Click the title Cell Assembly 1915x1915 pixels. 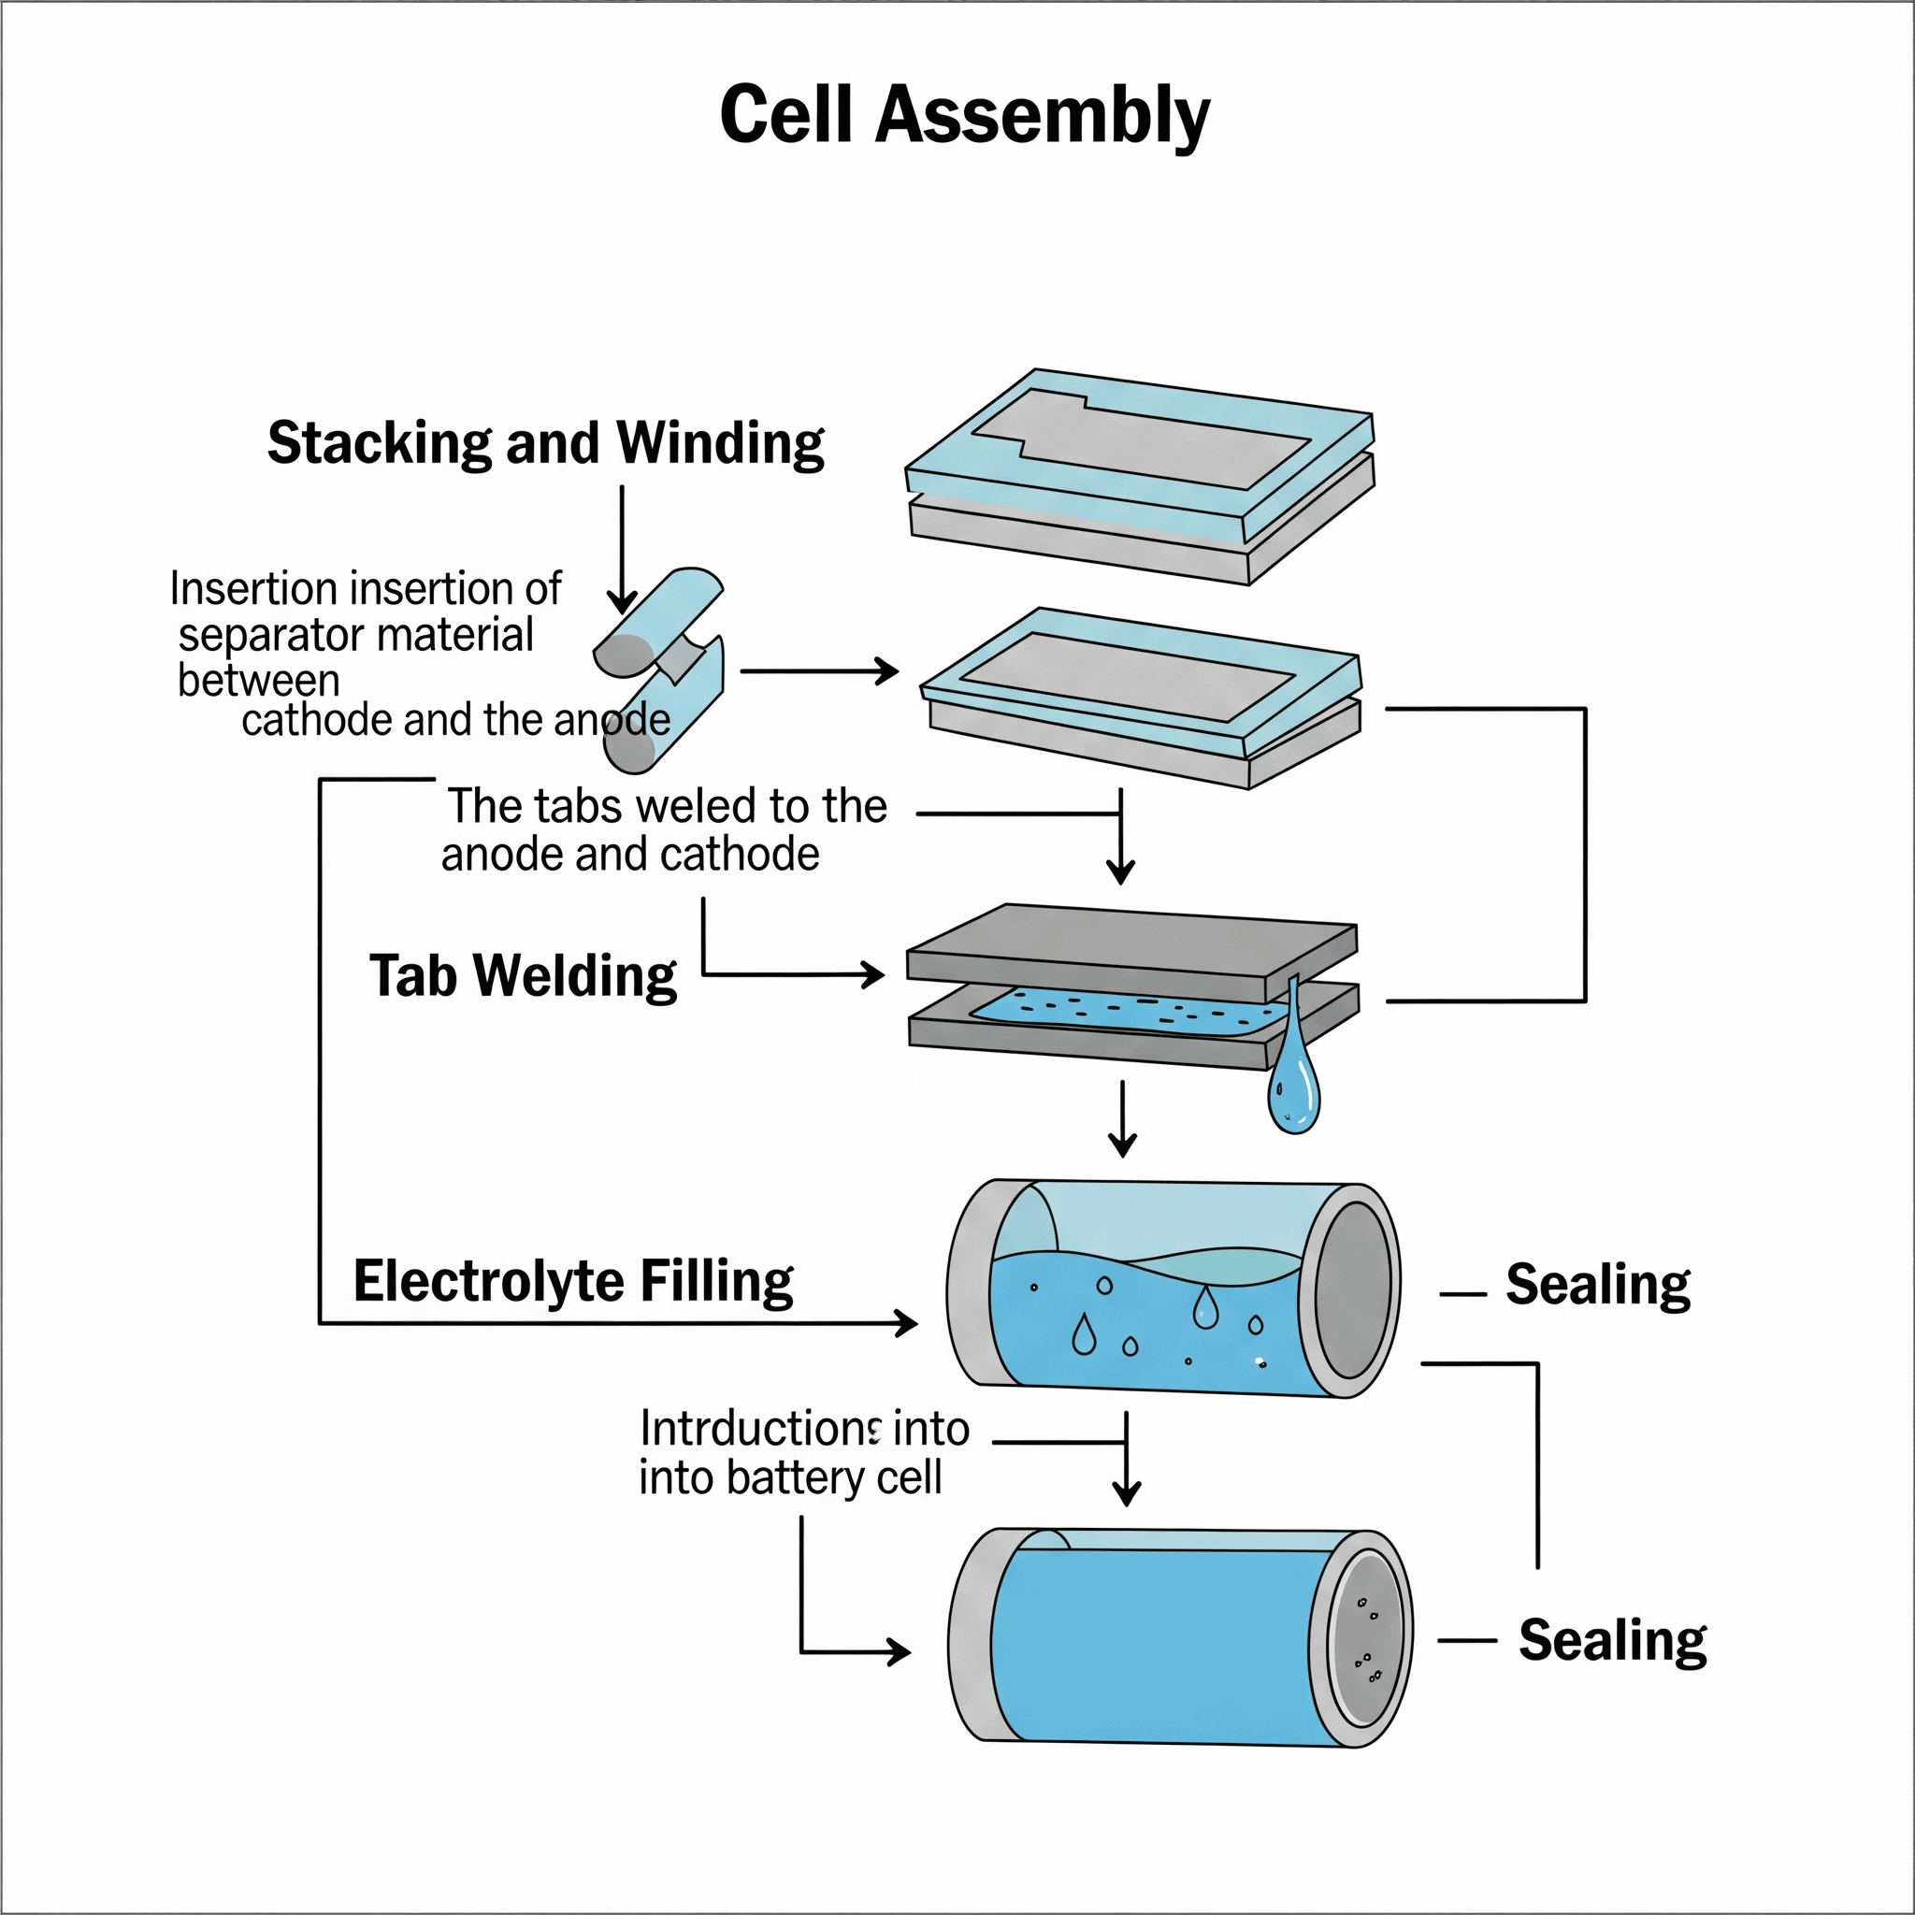(x=963, y=115)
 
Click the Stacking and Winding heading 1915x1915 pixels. (x=545, y=443)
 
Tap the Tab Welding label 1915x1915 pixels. (x=523, y=976)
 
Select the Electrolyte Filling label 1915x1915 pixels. (x=573, y=1282)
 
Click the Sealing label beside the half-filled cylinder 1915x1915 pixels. (x=1597, y=1286)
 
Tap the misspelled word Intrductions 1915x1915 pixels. (x=760, y=1430)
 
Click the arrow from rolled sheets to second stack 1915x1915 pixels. (x=819, y=671)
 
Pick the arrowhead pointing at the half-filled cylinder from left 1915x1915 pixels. (x=906, y=1322)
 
